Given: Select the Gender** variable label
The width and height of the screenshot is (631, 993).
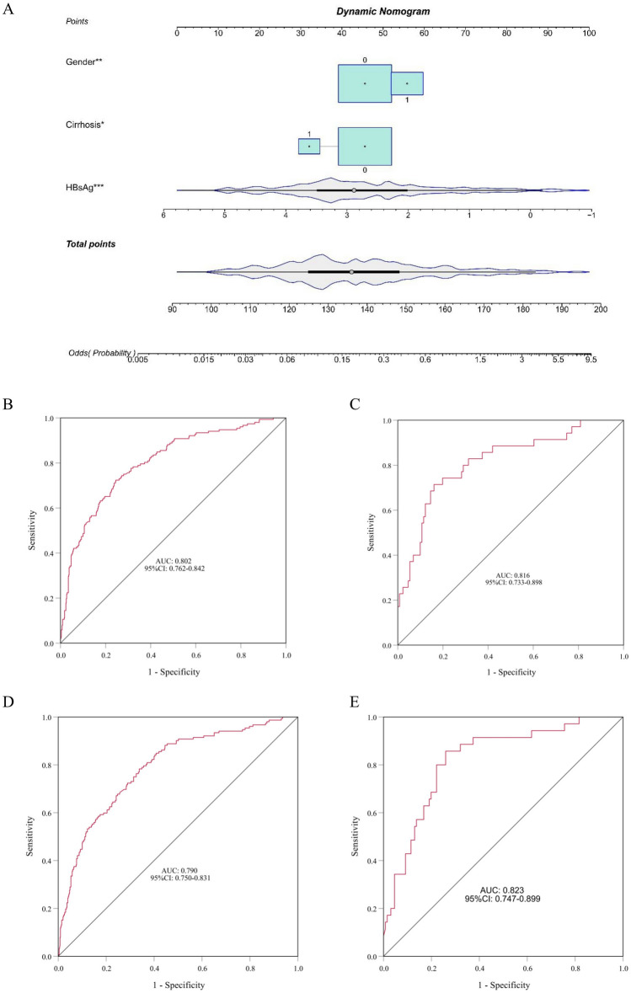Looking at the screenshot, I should tap(86, 63).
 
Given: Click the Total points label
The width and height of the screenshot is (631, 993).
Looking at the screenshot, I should tap(91, 243).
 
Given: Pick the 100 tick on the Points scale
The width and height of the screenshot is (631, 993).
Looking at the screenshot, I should tap(588, 34).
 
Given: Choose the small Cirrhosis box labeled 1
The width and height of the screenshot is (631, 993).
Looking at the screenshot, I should tap(309, 147).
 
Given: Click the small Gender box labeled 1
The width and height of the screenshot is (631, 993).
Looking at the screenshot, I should tap(407, 83).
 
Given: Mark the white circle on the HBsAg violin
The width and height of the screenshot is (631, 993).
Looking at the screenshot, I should tap(354, 190).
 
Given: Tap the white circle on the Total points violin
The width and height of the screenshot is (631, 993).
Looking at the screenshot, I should tap(351, 272).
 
